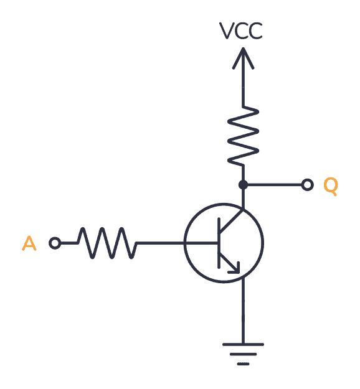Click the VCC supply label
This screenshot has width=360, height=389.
tap(242, 31)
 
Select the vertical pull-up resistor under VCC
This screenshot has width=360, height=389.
tap(243, 136)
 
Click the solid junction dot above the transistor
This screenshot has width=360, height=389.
tap(243, 185)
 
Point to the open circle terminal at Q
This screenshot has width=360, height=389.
tap(307, 185)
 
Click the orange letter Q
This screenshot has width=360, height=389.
tap(330, 185)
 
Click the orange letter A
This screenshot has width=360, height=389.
tap(29, 243)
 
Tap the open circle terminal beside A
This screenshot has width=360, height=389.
tap(55, 243)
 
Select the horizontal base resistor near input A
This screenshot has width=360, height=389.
tap(107, 243)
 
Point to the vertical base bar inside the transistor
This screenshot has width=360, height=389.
tap(219, 243)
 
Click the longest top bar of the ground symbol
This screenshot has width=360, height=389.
tap(243, 344)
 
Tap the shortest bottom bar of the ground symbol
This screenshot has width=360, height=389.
tap(243, 363)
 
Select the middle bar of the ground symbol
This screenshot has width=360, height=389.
tap(243, 354)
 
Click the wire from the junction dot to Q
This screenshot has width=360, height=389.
tap(274, 185)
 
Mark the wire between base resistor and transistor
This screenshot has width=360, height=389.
tap(161, 243)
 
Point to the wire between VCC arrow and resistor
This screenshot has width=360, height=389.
tap(243, 87)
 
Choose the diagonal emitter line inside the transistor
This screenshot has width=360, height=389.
tap(227, 260)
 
